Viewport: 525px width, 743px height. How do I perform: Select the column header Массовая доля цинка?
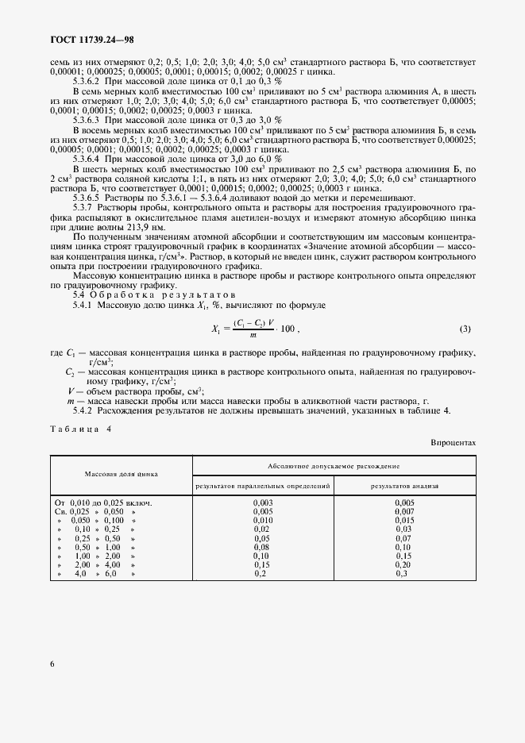click(122, 473)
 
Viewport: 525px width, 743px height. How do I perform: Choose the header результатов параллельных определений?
click(263, 484)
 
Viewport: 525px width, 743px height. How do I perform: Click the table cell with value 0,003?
click(263, 502)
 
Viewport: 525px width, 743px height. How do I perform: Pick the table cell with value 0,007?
click(404, 511)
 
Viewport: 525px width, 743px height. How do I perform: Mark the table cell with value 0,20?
click(404, 564)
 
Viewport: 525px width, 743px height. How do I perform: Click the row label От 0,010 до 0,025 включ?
click(103, 502)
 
